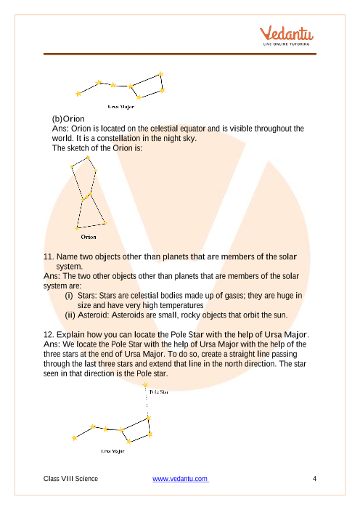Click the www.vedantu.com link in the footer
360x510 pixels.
click(x=181, y=479)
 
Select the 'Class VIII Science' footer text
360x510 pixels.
click(x=71, y=479)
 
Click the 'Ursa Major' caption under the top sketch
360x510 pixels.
click(x=120, y=106)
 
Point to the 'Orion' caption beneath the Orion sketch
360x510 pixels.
click(x=88, y=236)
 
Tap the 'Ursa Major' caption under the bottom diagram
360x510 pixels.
click(x=112, y=450)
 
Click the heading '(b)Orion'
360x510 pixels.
click(x=69, y=118)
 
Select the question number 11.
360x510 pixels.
click(x=49, y=257)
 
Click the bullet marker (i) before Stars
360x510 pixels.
click(x=69, y=296)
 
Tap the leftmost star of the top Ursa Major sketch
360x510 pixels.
click(x=78, y=93)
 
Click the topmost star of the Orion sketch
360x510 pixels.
click(x=88, y=156)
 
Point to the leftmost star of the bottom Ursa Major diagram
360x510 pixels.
click(x=74, y=437)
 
